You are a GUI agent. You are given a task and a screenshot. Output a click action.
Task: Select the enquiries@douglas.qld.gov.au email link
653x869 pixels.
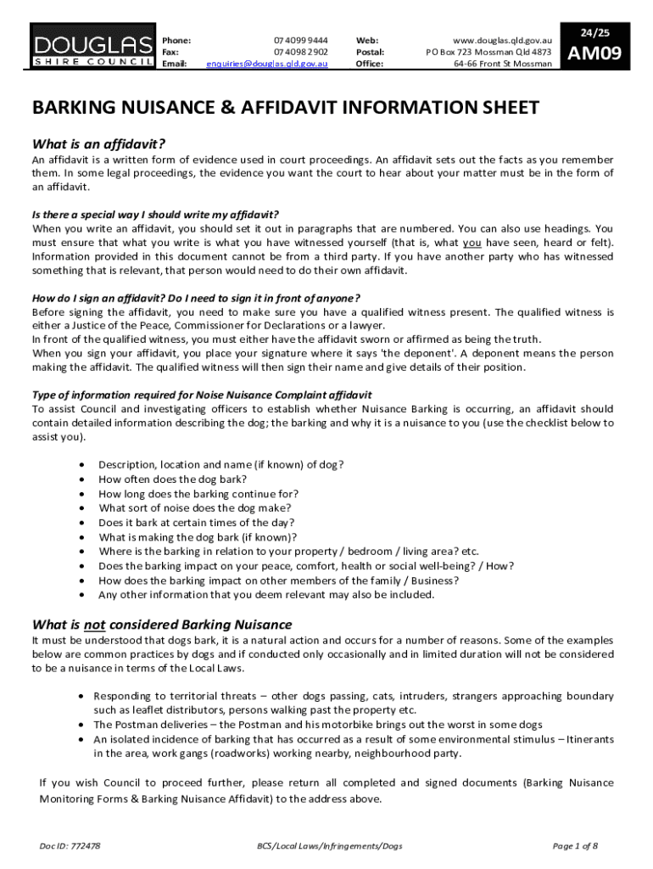pyautogui.click(x=267, y=64)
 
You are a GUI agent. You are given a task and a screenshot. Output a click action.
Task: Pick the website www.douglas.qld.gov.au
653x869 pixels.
pyautogui.click(x=503, y=40)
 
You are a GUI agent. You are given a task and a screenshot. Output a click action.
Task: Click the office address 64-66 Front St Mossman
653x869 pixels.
pyautogui.click(x=502, y=64)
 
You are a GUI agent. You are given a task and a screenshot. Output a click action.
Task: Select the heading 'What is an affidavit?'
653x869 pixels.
pyautogui.click(x=98, y=143)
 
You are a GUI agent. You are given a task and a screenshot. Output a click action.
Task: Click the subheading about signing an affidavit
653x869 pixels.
pyautogui.click(x=196, y=297)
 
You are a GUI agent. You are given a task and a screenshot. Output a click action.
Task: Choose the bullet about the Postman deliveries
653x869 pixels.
pyautogui.click(x=317, y=725)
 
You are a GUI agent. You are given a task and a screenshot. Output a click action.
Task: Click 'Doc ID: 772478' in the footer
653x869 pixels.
pyautogui.click(x=70, y=846)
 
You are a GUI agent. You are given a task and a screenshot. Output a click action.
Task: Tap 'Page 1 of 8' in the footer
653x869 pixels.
pyautogui.click(x=575, y=846)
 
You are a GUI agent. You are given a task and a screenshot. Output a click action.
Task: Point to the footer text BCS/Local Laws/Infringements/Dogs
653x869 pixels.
pyautogui.click(x=330, y=846)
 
